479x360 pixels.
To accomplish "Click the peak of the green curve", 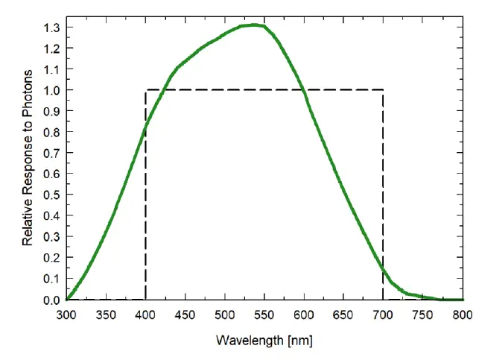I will pos(253,25).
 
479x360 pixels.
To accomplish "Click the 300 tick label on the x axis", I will pos(66,315).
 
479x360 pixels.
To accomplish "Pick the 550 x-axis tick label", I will pos(264,315).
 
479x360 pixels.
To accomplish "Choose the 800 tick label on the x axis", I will pos(463,315).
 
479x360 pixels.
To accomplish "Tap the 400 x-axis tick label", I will pos(145,315).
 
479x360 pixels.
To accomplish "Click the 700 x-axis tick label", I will pos(383,315).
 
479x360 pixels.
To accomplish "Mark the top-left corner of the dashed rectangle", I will pos(145,90).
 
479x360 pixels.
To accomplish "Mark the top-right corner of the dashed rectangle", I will pos(383,90).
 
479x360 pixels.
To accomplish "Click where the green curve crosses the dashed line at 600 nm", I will pos(303,90).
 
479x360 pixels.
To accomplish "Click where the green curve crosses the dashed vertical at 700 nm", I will pos(383,270).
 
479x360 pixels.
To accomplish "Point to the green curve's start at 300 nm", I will pos(67,299).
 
